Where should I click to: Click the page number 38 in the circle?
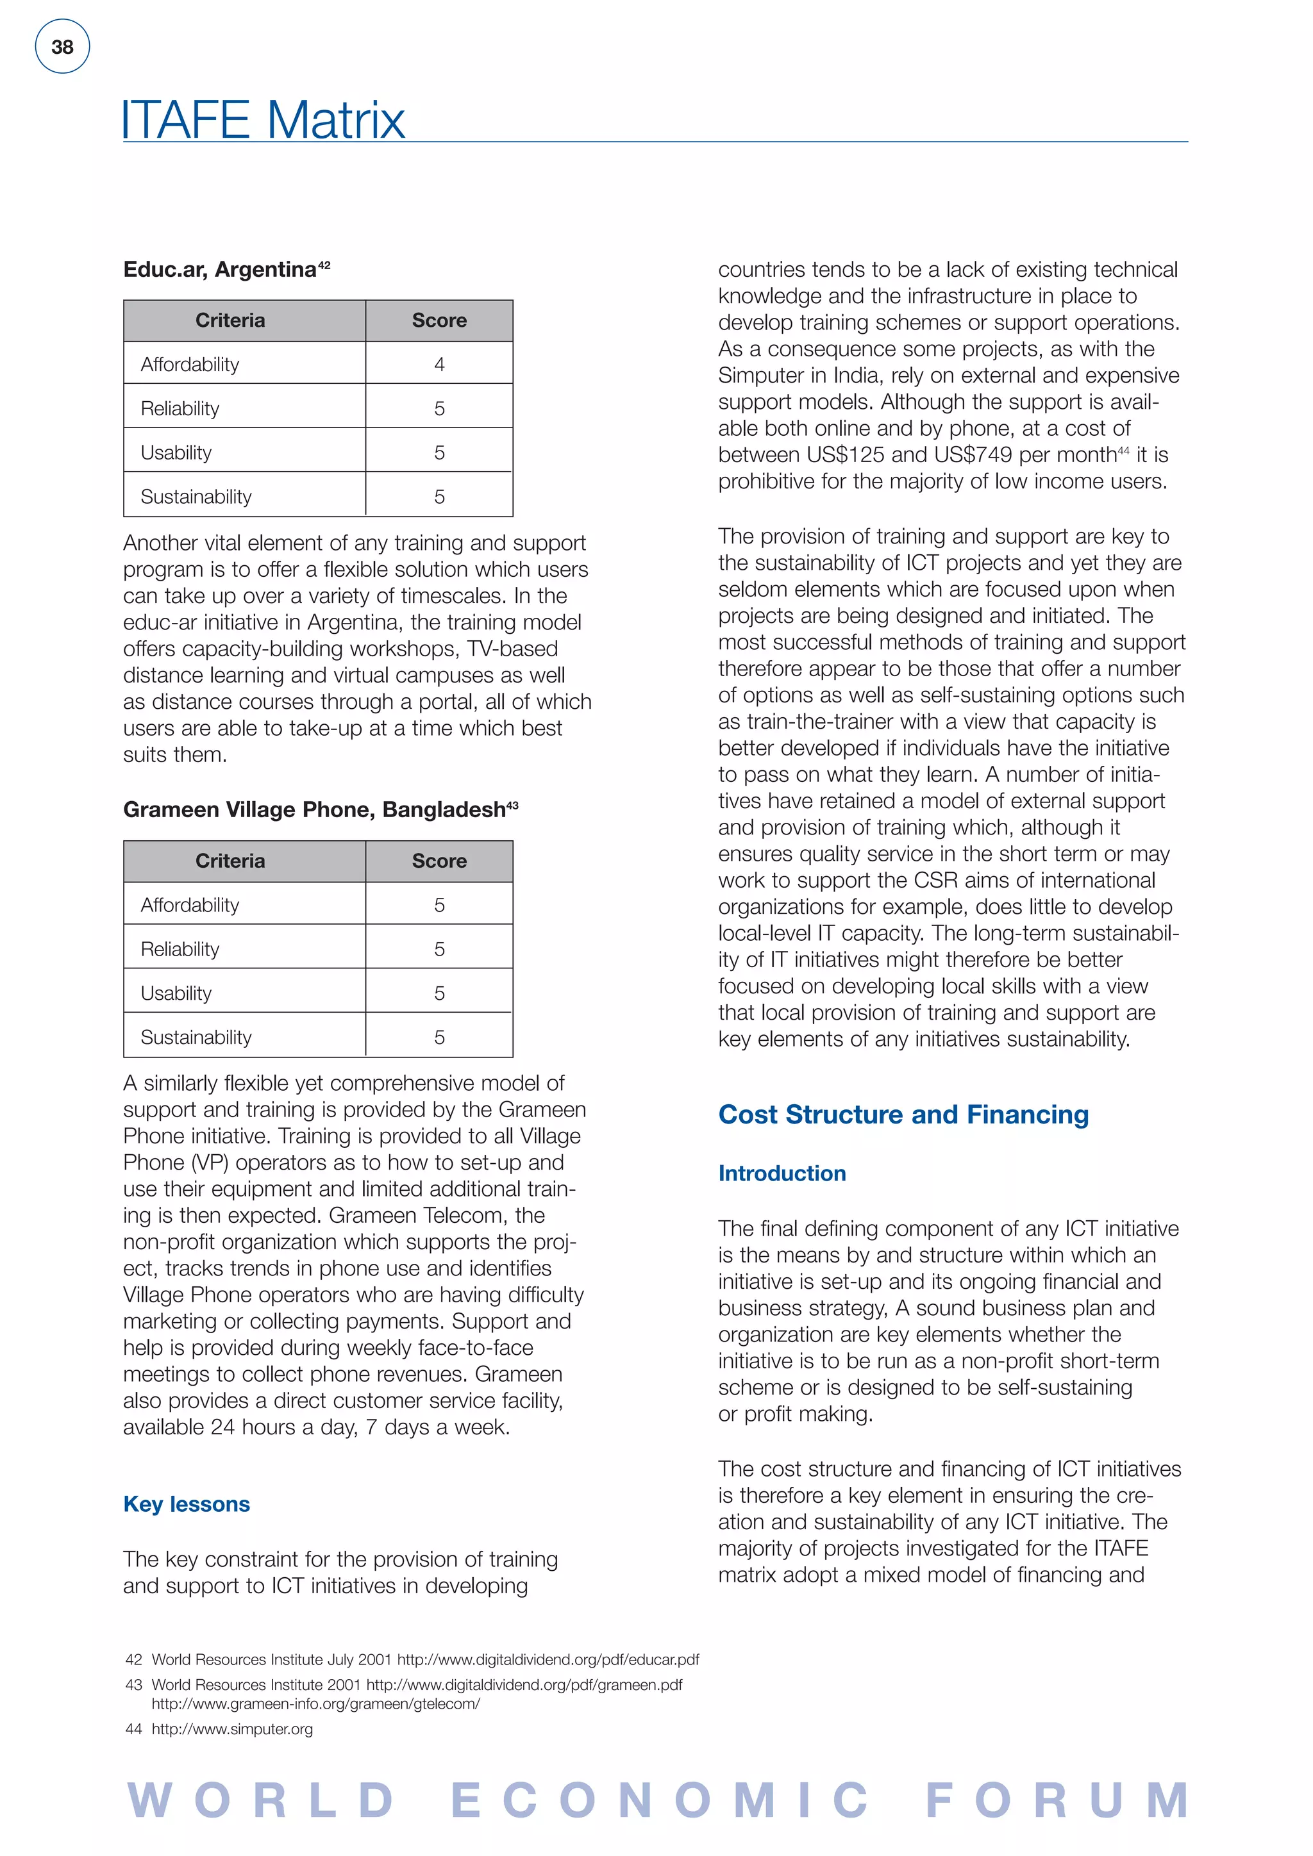pos(62,47)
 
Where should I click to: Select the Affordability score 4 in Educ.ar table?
pos(439,365)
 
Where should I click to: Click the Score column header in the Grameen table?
pos(439,861)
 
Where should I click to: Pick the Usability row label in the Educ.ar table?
pos(176,452)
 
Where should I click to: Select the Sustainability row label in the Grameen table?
pos(196,1037)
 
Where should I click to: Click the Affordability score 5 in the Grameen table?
pos(439,906)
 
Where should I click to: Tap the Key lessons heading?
pos(187,1504)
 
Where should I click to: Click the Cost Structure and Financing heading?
pos(903,1114)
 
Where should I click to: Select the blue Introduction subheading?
pos(782,1173)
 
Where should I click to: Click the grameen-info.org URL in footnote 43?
pos(315,1703)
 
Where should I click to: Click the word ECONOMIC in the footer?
pos(659,1801)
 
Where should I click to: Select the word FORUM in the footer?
pos(1057,1801)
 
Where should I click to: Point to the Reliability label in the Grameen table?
pos(180,949)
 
